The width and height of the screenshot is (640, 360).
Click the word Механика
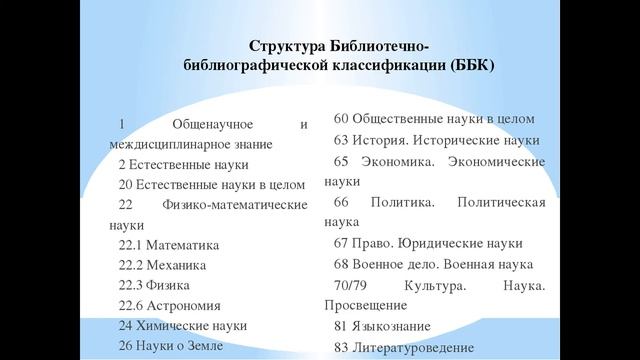[x=177, y=265]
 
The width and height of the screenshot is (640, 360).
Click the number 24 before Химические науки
[x=125, y=325]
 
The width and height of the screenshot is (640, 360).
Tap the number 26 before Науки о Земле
[x=125, y=345]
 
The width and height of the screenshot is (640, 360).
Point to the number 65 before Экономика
[x=341, y=161]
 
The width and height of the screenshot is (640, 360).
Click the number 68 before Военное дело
[x=341, y=264]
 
